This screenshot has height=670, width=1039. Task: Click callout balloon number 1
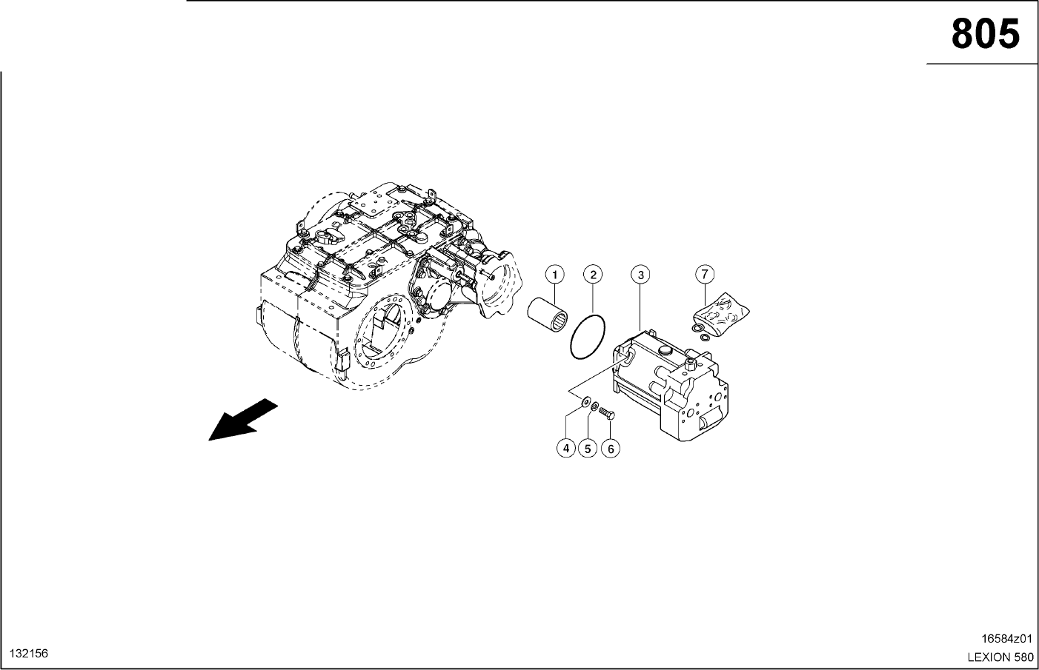point(555,275)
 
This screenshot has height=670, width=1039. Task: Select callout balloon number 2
point(593,275)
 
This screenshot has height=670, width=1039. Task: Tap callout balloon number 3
point(640,275)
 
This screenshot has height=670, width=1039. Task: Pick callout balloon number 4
point(566,449)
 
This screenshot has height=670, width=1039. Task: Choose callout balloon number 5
point(588,449)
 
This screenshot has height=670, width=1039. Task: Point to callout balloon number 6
point(611,449)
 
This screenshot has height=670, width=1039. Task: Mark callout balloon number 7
point(705,275)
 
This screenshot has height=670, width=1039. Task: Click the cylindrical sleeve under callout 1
point(548,315)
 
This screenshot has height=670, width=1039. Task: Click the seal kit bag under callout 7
point(721,315)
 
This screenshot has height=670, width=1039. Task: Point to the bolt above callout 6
point(607,412)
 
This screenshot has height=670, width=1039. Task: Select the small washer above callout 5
point(594,407)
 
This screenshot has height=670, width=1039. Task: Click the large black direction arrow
point(242,421)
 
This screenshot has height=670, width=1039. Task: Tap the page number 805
point(985,34)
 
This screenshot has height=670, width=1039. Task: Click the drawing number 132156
point(29,654)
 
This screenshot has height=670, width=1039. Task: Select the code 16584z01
point(1006,638)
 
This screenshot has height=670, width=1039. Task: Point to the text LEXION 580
point(1000,657)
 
